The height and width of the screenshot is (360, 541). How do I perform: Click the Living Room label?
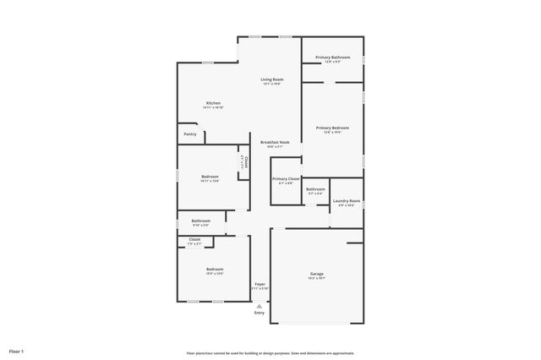pyautogui.click(x=271, y=79)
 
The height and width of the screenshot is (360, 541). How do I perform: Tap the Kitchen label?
pyautogui.click(x=213, y=103)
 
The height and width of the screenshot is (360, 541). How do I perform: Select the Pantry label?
pyautogui.click(x=190, y=134)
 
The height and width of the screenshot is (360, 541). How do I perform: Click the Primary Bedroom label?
pyautogui.click(x=332, y=128)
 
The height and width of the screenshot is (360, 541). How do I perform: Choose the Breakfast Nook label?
pyautogui.click(x=275, y=142)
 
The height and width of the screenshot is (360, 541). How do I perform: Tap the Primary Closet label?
pyautogui.click(x=286, y=179)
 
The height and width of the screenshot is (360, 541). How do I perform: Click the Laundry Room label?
pyautogui.click(x=347, y=201)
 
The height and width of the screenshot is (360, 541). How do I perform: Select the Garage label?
pyautogui.click(x=317, y=274)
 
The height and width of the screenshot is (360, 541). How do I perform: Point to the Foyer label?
pyautogui.click(x=260, y=285)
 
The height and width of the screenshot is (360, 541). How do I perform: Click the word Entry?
pyautogui.click(x=260, y=314)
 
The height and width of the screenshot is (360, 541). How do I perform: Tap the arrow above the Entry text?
pyautogui.click(x=260, y=306)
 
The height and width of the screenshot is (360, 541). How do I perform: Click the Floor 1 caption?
pyautogui.click(x=17, y=351)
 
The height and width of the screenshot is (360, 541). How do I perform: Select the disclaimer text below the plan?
pyautogui.click(x=270, y=353)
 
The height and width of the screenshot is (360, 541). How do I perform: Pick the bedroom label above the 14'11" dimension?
pyautogui.click(x=210, y=177)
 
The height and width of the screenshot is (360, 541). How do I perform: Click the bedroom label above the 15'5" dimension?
pyautogui.click(x=215, y=270)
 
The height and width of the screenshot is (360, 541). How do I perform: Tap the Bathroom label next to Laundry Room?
pyautogui.click(x=315, y=189)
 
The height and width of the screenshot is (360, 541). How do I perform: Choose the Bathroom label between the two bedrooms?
pyautogui.click(x=200, y=221)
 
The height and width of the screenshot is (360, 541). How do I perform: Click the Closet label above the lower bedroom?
pyautogui.click(x=194, y=240)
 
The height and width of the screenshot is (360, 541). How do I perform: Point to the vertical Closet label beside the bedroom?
pyautogui.click(x=246, y=161)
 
